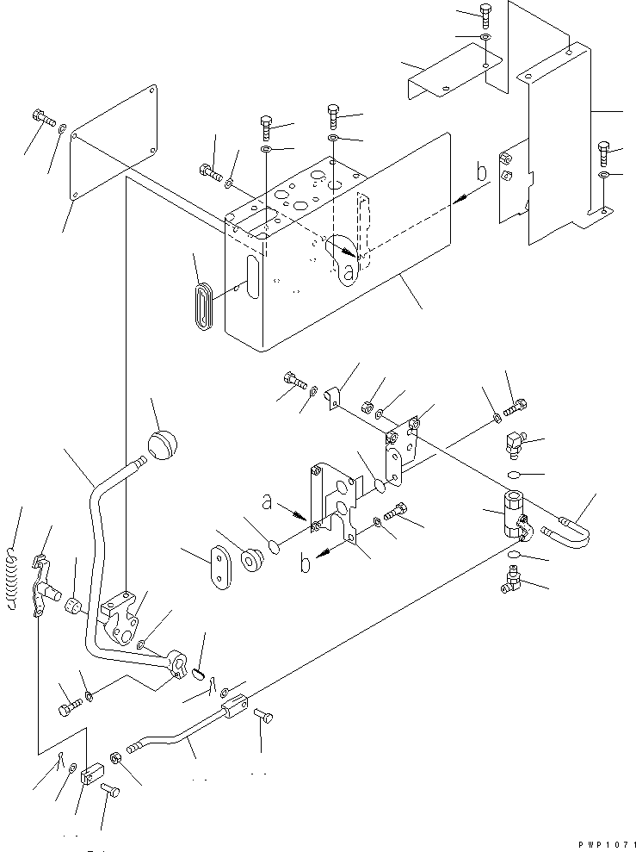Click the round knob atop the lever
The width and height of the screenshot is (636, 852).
click(163, 445)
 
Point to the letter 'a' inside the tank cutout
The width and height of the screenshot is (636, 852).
click(349, 273)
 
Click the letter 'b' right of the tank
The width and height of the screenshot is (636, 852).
click(481, 171)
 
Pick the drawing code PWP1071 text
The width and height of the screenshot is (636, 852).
click(607, 845)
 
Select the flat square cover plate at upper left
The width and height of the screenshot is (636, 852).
click(114, 143)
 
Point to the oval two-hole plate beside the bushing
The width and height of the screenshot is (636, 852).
click(221, 567)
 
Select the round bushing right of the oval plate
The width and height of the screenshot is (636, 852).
click(252, 560)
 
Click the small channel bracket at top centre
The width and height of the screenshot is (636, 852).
click(454, 72)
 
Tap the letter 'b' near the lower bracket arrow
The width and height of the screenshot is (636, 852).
click(306, 563)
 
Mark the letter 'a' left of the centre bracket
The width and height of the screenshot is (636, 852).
click(267, 501)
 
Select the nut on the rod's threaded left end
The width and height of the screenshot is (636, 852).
click(115, 759)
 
